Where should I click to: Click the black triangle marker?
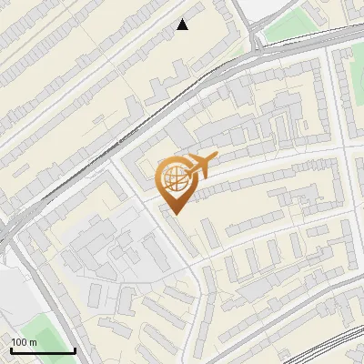pyautogui.click(x=183, y=25)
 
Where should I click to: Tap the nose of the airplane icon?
pyautogui.click(x=216, y=158)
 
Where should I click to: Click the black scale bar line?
pyautogui.click(x=42, y=350)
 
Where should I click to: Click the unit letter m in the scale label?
pyautogui.click(x=33, y=342)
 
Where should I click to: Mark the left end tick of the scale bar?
pyautogui.click(x=10, y=349)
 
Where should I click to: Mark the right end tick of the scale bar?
pyautogui.click(x=75, y=349)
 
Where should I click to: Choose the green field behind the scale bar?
pyautogui.click(x=36, y=332)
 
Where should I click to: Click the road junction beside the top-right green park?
pyautogui.click(x=258, y=42)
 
